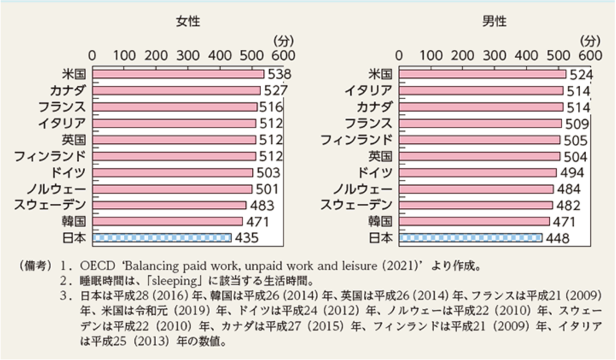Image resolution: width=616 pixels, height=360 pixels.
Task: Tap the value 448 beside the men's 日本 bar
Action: tap(556, 237)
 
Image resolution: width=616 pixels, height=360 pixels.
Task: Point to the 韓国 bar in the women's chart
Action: tap(167, 221)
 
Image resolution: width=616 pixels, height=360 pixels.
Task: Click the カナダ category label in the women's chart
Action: tap(67, 91)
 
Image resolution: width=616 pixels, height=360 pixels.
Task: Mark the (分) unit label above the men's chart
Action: tap(591, 40)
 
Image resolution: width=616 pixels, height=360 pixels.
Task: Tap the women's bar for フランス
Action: tap(174, 107)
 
